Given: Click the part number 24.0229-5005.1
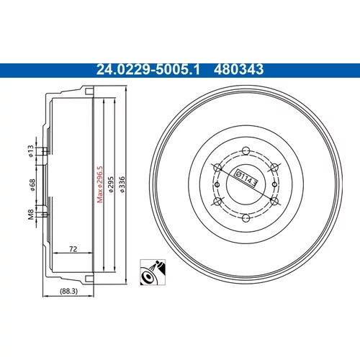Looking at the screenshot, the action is tap(148, 70).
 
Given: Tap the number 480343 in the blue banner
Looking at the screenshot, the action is tap(238, 70).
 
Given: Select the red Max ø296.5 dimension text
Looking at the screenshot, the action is tap(99, 184).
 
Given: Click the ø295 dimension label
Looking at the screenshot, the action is tap(111, 184).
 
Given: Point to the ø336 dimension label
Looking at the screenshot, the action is tap(122, 184).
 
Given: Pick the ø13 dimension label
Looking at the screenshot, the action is tap(31, 151).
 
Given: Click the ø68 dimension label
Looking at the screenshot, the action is tap(32, 185).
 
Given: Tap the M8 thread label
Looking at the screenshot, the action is tap(31, 215).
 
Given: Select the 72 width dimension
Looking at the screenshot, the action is tap(73, 249).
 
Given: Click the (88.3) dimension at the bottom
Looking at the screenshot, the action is tap(68, 291).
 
